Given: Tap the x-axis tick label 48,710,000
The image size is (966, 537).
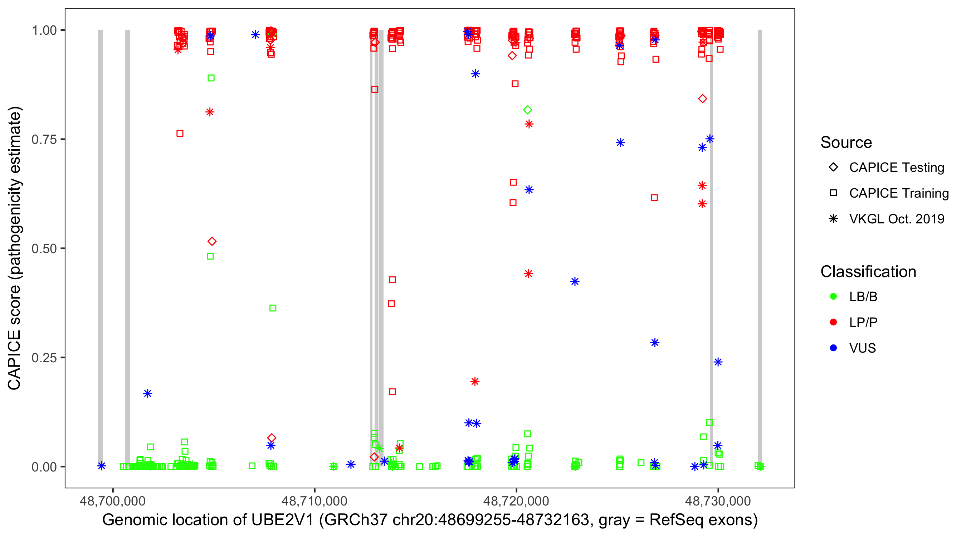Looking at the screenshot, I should coord(314,501).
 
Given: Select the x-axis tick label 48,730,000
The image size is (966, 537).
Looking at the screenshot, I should coord(718,501).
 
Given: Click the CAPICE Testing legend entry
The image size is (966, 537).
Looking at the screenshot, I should coord(897,168).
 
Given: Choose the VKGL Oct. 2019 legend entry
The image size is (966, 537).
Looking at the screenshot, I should coord(897,219).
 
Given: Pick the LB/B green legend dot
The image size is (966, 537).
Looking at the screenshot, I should coord(834,296).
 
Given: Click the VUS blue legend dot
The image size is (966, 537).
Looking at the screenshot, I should coord(834,348).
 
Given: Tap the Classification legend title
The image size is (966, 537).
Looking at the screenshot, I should coord(868,272).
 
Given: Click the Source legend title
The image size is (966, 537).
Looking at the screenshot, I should coord(846,142).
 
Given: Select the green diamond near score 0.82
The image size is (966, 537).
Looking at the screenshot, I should coord(528,110).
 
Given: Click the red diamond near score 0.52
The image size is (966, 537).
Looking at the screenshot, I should coord(212,241).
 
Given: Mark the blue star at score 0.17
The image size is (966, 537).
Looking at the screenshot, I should coord(148,393).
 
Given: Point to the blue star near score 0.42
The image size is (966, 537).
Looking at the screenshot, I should coord(575,281).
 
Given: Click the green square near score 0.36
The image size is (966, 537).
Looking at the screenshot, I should coord(273,308).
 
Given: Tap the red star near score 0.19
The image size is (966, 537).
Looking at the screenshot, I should coord(475,382).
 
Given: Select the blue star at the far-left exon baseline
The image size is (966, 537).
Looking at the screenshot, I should coord(102,466).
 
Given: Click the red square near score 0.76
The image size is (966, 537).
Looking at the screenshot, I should coord(180,134).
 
